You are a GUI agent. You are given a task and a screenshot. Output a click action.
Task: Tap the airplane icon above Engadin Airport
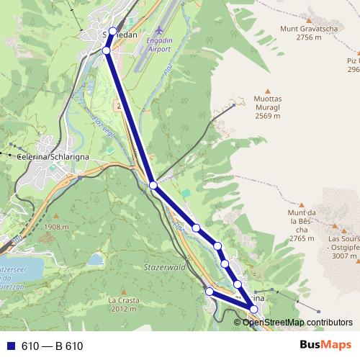pyautogui.click(x=158, y=32)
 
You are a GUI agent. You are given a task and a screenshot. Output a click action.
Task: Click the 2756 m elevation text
pyautogui.click(x=310, y=37)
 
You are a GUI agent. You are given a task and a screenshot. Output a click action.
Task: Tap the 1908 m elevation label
pyautogui.click(x=55, y=227)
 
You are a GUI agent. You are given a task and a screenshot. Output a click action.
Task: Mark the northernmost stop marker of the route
pyautogui.click(x=112, y=32)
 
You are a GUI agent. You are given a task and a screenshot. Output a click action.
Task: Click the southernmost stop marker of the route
pyautogui.click(x=253, y=309)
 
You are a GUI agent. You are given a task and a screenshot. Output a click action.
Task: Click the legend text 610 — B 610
pyautogui.click(x=53, y=346)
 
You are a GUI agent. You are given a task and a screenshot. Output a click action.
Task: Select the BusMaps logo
pyautogui.click(x=325, y=345)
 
